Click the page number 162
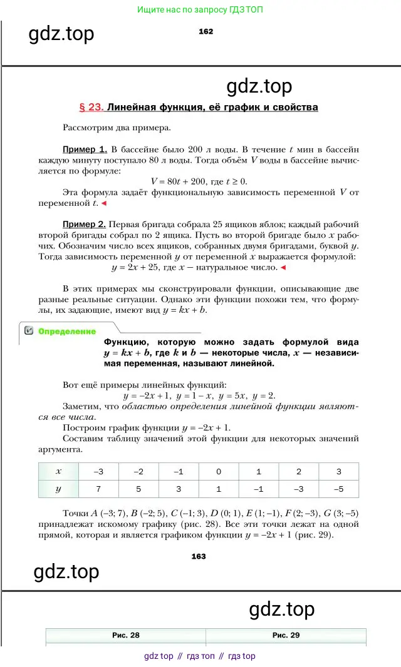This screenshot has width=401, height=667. pyautogui.click(x=205, y=32)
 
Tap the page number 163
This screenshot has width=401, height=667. pyautogui.click(x=198, y=556)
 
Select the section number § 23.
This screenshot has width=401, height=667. pyautogui.click(x=91, y=107)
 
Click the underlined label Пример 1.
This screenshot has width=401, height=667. pyautogui.click(x=85, y=150)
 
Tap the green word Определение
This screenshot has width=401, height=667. pyautogui.click(x=67, y=332)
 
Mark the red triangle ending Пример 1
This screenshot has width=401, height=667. pyautogui.click(x=105, y=203)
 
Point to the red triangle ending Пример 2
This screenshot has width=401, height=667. pyautogui.click(x=283, y=268)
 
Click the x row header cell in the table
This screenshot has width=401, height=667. pyautogui.click(x=58, y=472)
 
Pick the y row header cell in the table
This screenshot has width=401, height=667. pyautogui.click(x=58, y=489)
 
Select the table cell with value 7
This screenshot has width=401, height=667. pyautogui.click(x=98, y=489)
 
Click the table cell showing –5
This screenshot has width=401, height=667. pyautogui.click(x=338, y=489)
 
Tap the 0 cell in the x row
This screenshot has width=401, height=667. pyautogui.click(x=218, y=472)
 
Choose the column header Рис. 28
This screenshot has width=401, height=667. pyautogui.click(x=125, y=635)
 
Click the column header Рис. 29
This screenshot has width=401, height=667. pyautogui.click(x=286, y=635)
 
